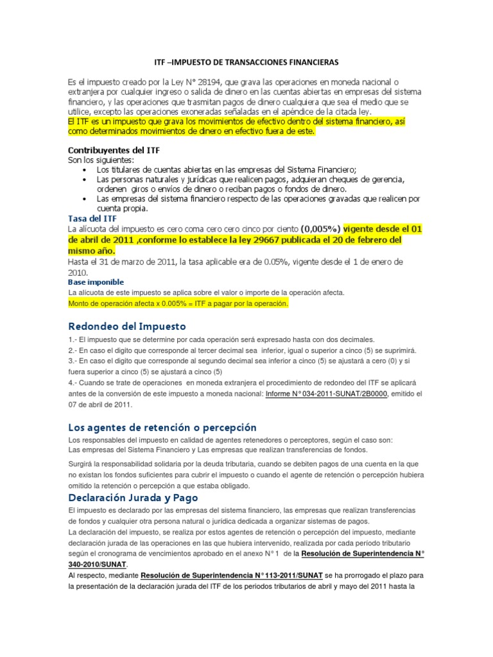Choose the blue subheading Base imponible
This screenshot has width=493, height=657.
tap(96, 282)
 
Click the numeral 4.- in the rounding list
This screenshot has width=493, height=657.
tap(72, 382)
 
